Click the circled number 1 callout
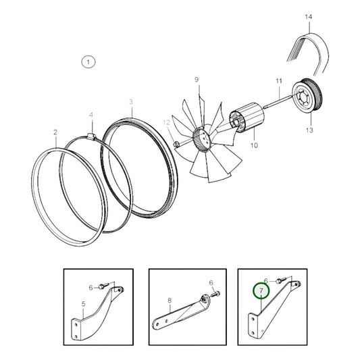88,62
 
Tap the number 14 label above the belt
309,17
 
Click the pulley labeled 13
307,96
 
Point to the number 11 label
279,81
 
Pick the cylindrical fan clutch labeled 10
246,118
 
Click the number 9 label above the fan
197,80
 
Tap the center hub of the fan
202,139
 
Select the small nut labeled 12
176,144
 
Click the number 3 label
131,102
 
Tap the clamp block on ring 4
91,136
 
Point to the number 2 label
55,132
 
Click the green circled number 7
261,291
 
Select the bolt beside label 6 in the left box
103,286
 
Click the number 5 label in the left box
83,304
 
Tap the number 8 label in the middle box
170,301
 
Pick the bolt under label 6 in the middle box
216,293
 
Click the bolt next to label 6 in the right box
281,280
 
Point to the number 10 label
254,145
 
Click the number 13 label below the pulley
309,130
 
